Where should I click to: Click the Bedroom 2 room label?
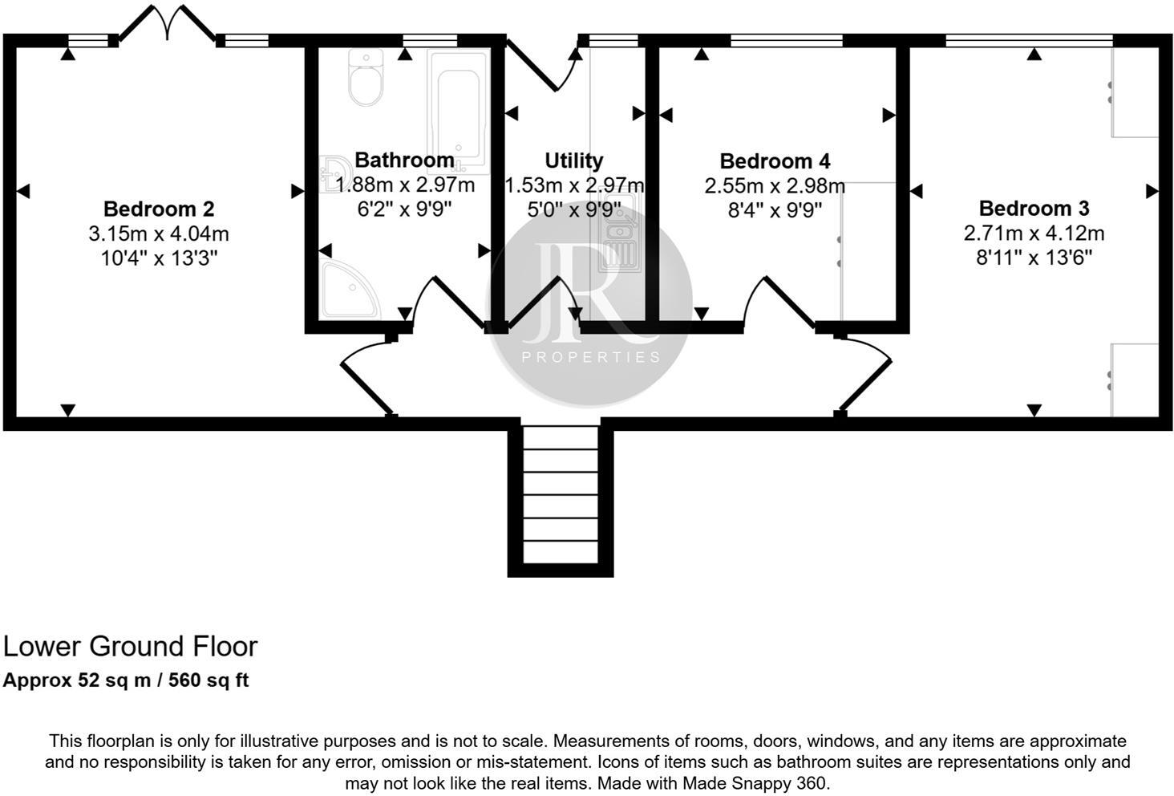tap(159, 209)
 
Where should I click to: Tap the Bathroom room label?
tap(404, 160)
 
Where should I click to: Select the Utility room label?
tap(573, 160)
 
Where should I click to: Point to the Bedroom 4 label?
tap(775, 161)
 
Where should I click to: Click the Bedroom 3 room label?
tap(1034, 209)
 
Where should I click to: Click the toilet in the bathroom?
tap(366, 78)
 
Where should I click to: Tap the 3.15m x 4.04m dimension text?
tap(159, 234)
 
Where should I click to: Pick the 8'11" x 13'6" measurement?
tap(1034, 258)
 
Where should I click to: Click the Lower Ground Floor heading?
tap(131, 646)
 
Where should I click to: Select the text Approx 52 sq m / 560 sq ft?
tap(126, 680)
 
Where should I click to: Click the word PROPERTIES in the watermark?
tap(591, 357)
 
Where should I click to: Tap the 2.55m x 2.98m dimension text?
tap(775, 186)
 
